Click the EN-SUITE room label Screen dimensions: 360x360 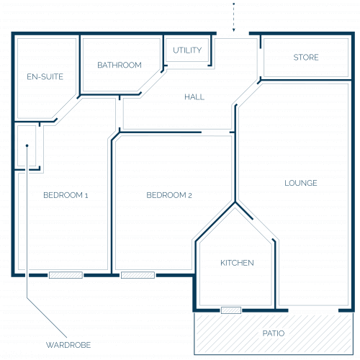[45, 77]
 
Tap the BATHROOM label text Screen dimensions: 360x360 [120, 65]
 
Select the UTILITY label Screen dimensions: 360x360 [187, 50]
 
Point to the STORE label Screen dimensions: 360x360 [306, 58]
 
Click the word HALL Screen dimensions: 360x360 [194, 97]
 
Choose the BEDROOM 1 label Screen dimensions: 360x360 [66, 195]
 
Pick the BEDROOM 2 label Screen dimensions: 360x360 [169, 195]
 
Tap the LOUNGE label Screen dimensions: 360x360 [301, 183]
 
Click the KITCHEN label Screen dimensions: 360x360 [237, 263]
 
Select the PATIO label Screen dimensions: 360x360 [274, 333]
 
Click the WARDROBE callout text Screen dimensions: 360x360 [68, 345]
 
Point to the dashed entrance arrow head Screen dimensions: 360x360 [233, 30]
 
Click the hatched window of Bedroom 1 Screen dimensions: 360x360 [66, 275]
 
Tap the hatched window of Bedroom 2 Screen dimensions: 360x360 [138, 275]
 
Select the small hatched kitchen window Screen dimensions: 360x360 [231, 310]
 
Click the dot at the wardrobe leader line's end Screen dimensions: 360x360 [27, 145]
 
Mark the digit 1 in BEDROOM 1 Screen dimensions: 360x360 [86, 195]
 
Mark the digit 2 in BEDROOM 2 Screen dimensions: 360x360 [190, 195]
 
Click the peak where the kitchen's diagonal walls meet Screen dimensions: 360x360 [235, 203]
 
